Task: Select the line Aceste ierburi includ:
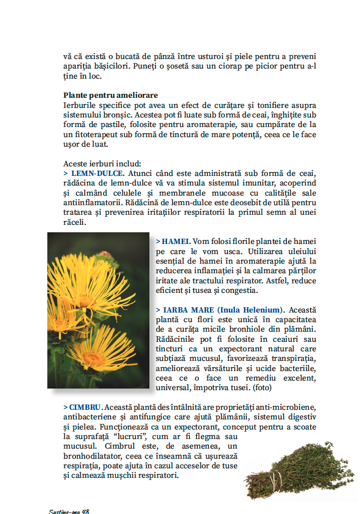pos(102,164)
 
